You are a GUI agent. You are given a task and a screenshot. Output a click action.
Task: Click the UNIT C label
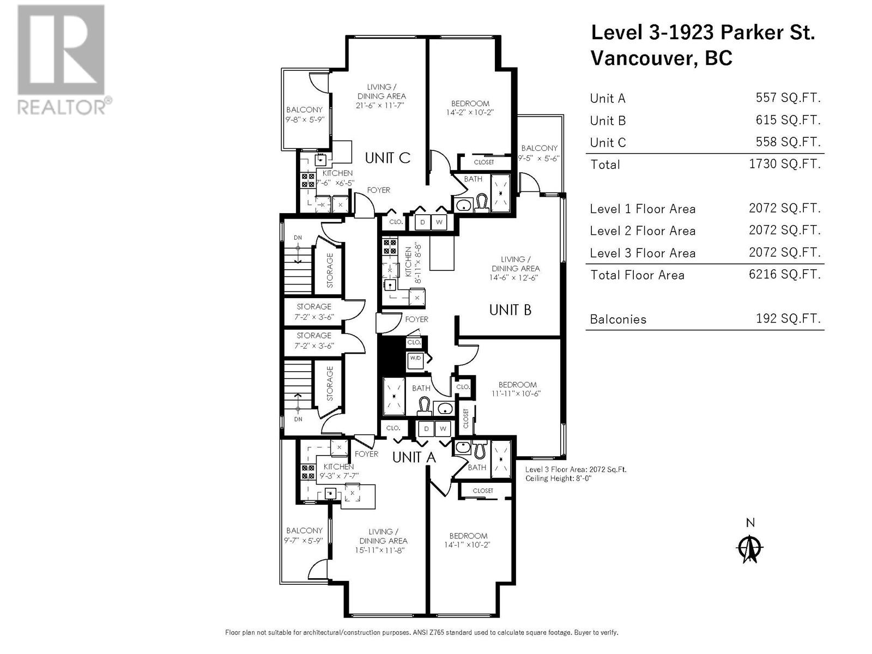coord(387,158)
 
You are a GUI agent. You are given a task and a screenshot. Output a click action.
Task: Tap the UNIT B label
coord(510,310)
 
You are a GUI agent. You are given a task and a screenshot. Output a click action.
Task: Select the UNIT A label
coord(414,457)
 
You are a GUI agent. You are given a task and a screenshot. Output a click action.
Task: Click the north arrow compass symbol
coord(749,549)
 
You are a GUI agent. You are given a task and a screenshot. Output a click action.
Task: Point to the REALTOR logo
coord(62,59)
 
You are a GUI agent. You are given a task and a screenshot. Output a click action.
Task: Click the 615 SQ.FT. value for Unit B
coord(788,120)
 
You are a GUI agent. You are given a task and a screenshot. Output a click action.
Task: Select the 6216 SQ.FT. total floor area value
coord(785,274)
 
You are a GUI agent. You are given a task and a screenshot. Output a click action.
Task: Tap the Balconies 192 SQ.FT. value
coord(788,318)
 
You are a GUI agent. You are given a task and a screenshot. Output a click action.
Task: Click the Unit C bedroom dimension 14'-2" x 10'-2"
coord(470,113)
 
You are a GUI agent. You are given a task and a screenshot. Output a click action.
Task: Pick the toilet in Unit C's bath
coord(482,203)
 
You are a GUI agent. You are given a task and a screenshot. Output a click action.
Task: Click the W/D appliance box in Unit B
coord(415,359)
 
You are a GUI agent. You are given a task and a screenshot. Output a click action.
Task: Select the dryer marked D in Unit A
coord(426,429)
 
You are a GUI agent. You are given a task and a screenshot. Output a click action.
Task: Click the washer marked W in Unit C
coord(439,222)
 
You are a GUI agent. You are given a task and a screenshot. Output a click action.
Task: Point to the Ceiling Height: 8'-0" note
coord(558,479)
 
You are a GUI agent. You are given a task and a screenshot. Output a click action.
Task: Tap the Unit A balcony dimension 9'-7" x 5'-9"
coord(304,541)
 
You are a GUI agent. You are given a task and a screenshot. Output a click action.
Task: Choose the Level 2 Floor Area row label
coord(643,231)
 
